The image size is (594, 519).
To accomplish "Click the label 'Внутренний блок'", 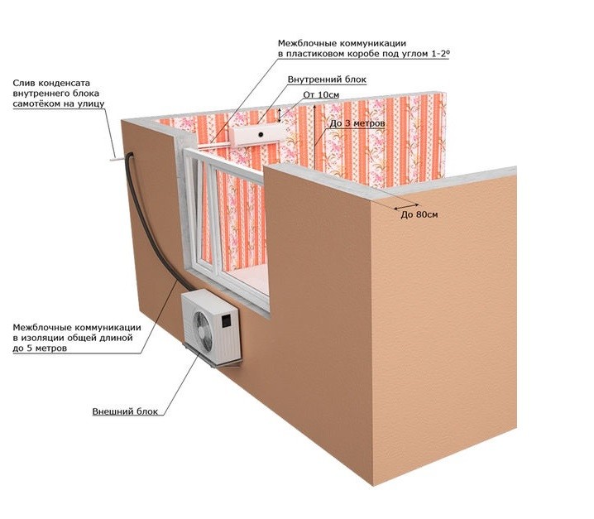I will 327,79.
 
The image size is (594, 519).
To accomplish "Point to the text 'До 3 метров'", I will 355,123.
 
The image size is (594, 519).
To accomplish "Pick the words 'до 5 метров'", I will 40,348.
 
